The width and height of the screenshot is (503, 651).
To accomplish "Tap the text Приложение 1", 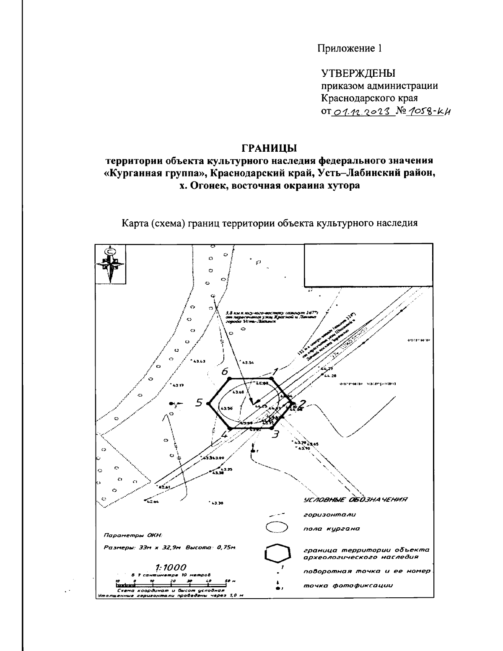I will click(349, 49).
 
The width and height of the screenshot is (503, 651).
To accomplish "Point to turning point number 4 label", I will click(224, 434).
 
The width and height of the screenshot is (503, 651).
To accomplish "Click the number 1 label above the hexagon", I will click(275, 371).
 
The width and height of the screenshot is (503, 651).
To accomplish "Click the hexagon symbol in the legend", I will click(277, 553).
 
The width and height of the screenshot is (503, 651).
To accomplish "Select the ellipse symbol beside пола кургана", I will click(277, 528).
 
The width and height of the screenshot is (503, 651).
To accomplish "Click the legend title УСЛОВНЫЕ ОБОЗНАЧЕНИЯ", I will click(355, 499).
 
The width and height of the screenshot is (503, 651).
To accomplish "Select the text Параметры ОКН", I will click(132, 535).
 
